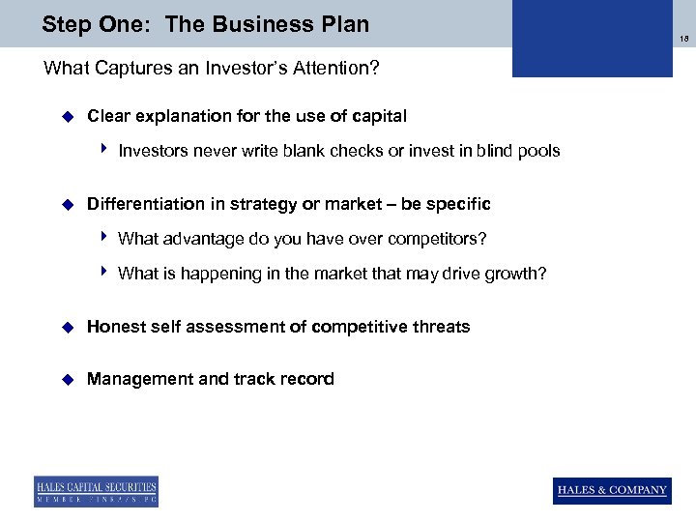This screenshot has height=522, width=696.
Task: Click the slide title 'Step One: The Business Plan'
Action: coord(205,24)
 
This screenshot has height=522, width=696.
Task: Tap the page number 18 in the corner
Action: coord(684,39)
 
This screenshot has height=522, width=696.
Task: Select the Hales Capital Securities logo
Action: coord(96,491)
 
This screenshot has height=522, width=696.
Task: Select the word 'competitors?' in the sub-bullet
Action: coord(440,239)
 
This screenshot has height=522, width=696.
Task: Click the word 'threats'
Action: coord(441,327)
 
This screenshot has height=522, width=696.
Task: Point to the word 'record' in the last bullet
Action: coord(307,379)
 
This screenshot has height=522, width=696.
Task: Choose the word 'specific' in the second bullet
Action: coord(459,204)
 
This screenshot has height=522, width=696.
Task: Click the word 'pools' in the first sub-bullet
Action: coord(539,151)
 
